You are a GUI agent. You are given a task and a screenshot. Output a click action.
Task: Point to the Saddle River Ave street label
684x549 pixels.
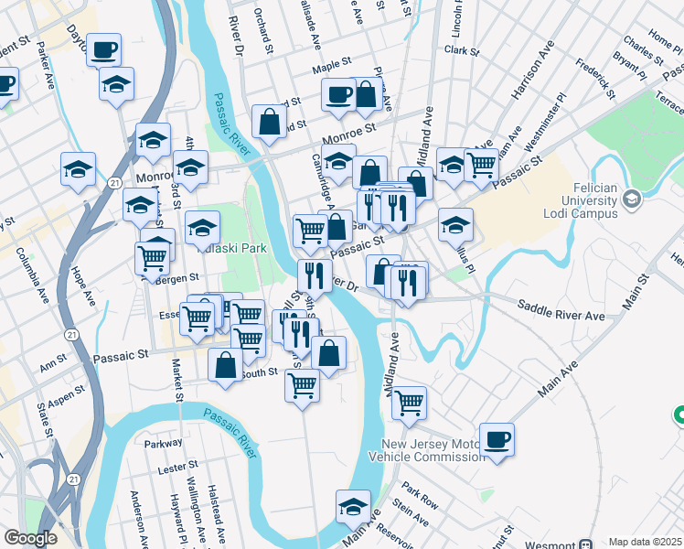click(561, 310)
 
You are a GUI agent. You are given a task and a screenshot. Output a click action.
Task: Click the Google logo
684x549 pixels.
click(29, 537)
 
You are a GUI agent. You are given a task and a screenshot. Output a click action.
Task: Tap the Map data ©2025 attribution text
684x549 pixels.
click(645, 542)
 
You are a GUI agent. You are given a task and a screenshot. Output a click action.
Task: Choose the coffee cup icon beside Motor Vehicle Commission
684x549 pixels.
click(497, 439)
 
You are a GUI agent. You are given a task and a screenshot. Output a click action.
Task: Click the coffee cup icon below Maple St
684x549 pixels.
click(338, 94)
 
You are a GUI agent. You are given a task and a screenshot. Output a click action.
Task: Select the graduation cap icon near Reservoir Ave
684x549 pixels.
click(353, 507)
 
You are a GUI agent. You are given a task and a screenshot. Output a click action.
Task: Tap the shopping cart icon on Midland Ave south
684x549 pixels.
click(410, 401)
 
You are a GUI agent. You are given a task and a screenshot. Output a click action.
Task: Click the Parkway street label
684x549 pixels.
click(164, 444)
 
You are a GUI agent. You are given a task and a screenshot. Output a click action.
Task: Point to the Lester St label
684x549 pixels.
click(172, 467)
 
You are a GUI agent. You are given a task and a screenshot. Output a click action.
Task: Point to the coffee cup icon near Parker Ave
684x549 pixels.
click(104, 49)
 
